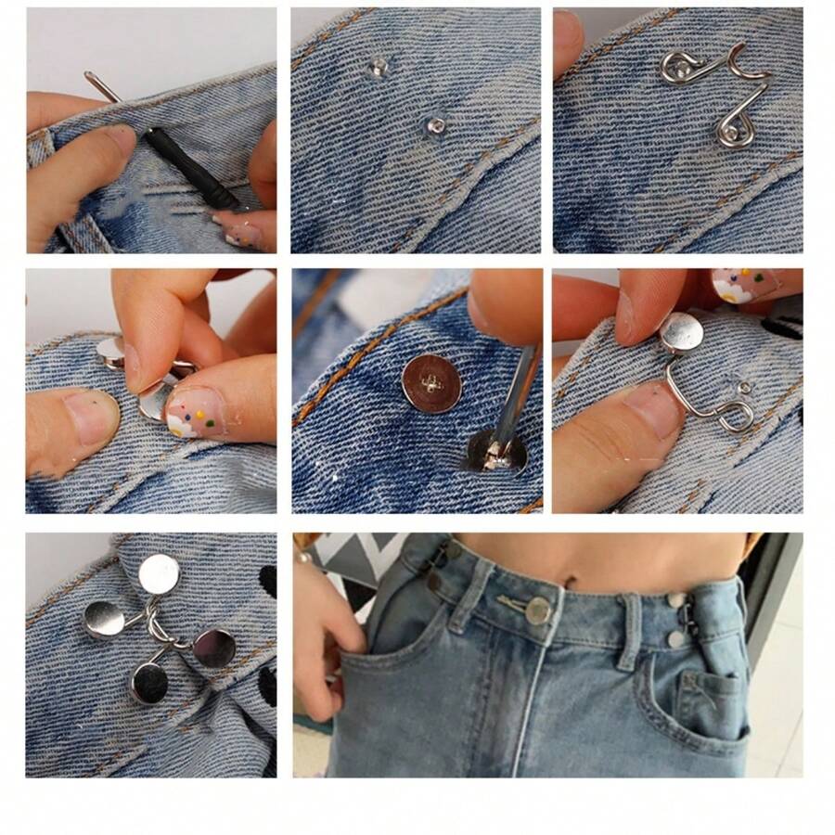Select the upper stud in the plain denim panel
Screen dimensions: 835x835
point(377,66)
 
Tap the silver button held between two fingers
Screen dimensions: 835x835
point(682,331)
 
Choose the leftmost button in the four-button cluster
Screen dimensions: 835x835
point(104,619)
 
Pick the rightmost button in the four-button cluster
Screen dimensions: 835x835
point(215,649)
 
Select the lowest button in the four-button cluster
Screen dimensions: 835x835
point(150,683)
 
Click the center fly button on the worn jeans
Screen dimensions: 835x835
point(537,610)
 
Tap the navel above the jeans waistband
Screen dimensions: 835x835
point(568,583)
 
